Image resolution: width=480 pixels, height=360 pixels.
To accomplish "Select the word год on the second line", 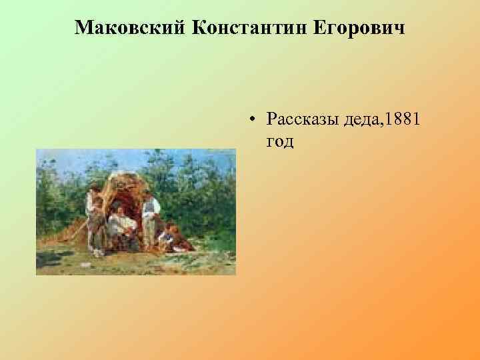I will (x=279, y=141).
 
